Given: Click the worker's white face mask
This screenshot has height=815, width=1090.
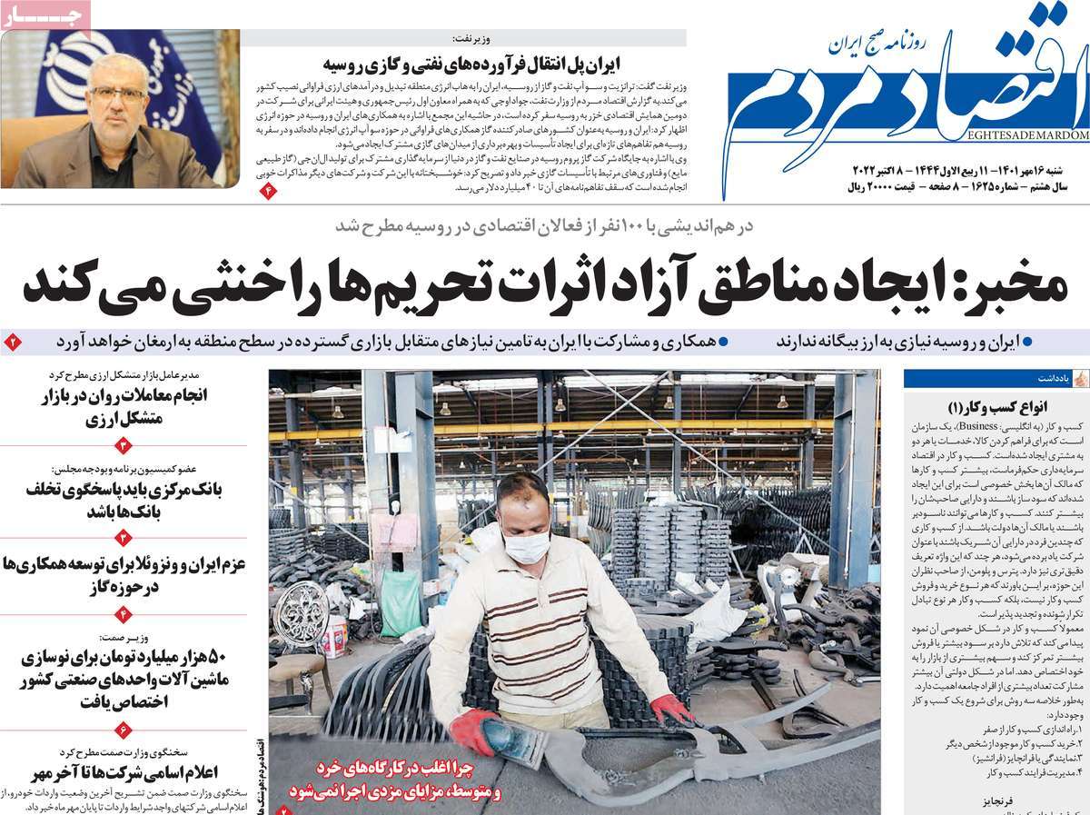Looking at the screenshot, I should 526,546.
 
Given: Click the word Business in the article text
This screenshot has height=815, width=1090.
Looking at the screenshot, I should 991,425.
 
